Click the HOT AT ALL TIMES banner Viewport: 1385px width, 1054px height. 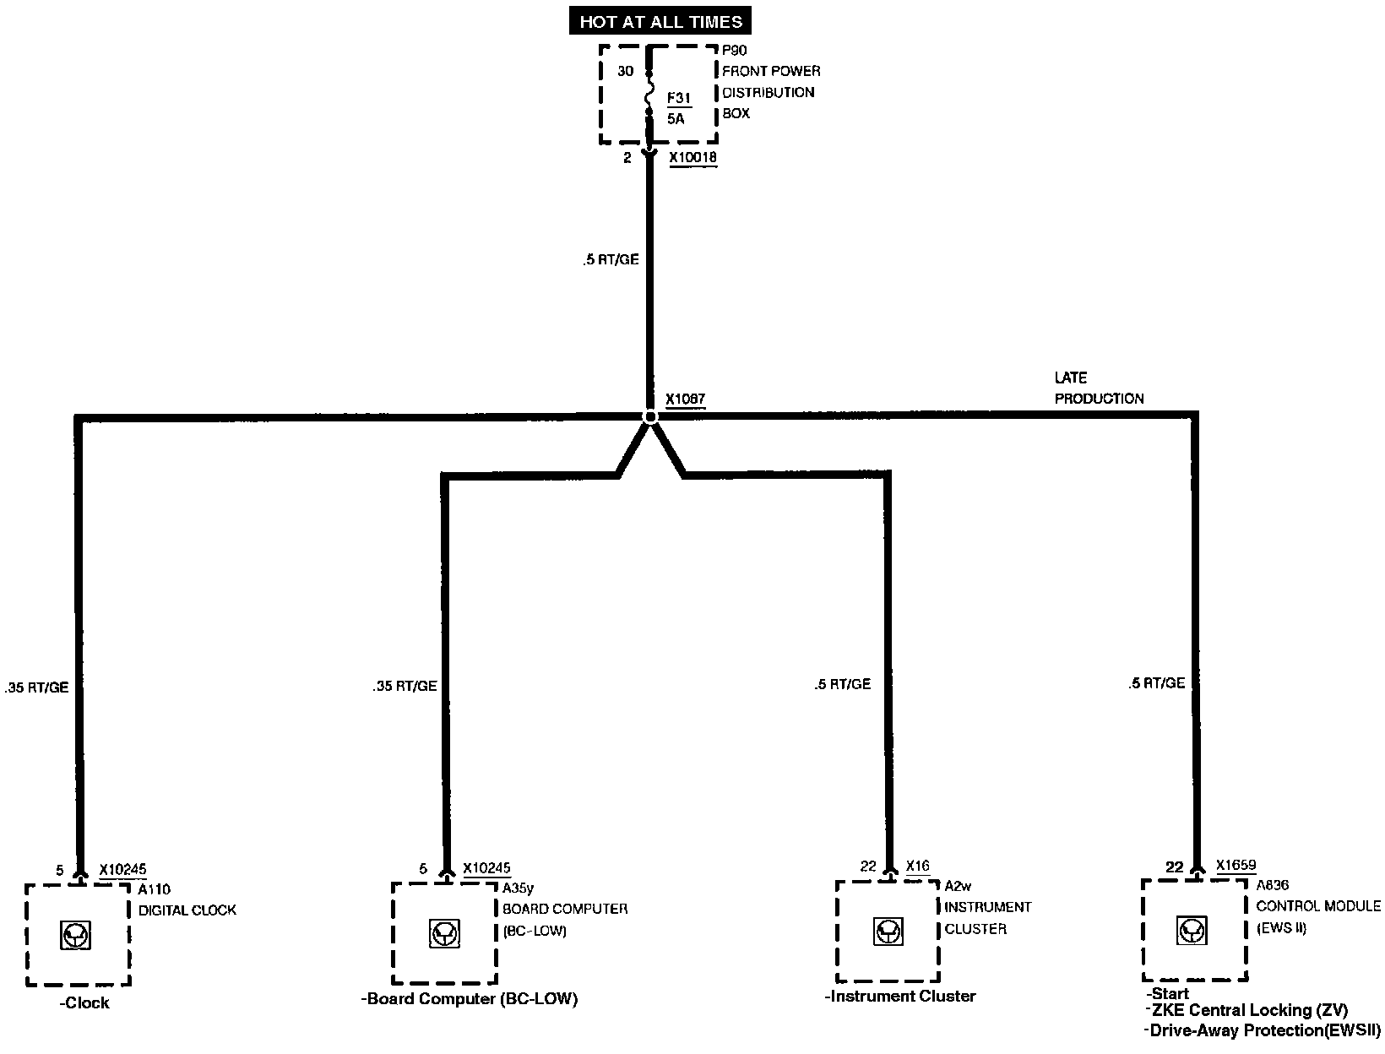pos(660,21)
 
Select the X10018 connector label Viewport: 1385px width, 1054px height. pos(692,157)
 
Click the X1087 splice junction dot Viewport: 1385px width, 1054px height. pos(649,416)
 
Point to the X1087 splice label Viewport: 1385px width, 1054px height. pos(685,399)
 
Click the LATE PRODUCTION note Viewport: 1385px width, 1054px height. pos(1098,388)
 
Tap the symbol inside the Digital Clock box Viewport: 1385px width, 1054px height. pos(77,935)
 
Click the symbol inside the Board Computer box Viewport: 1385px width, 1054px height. pos(443,933)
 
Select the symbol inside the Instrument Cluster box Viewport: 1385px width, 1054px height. pos(887,932)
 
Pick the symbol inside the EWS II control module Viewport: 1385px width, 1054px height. pos(1192,930)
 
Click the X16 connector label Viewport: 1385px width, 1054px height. pos(918,866)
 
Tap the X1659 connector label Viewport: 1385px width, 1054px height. pos(1236,865)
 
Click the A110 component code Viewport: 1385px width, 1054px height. pos(154,888)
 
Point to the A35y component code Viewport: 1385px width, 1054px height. pos(518,888)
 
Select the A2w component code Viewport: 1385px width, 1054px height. pos(959,886)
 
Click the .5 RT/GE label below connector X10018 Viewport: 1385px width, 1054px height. pos(610,260)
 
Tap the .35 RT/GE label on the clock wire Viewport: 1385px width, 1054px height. pos(36,687)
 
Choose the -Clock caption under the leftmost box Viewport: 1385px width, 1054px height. pos(84,1003)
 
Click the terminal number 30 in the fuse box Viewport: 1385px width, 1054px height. pos(625,71)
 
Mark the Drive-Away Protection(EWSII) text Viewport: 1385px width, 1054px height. pos(1263,1030)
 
